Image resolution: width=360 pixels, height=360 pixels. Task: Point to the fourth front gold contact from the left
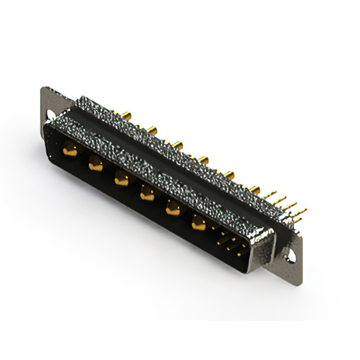[147, 194]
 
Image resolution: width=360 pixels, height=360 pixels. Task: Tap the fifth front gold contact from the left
[172, 209]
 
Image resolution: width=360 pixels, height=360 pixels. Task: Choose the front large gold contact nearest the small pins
[198, 224]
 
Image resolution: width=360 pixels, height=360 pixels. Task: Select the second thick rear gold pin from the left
[152, 130]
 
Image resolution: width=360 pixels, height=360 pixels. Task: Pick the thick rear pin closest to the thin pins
[255, 189]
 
